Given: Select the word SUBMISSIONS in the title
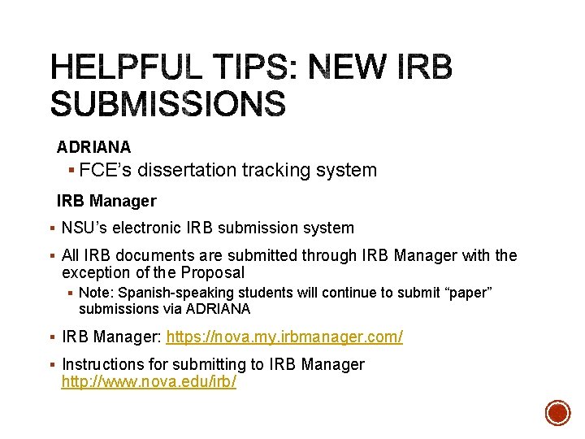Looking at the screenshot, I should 168,104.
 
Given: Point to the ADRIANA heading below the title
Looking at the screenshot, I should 93,147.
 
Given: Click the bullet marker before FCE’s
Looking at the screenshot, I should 73,171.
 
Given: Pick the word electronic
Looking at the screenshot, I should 147,228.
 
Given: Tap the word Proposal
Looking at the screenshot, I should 212,272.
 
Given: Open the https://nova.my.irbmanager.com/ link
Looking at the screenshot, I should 284,337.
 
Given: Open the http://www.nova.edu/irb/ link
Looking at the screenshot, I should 149,381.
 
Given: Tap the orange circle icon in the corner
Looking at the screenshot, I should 557,413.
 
